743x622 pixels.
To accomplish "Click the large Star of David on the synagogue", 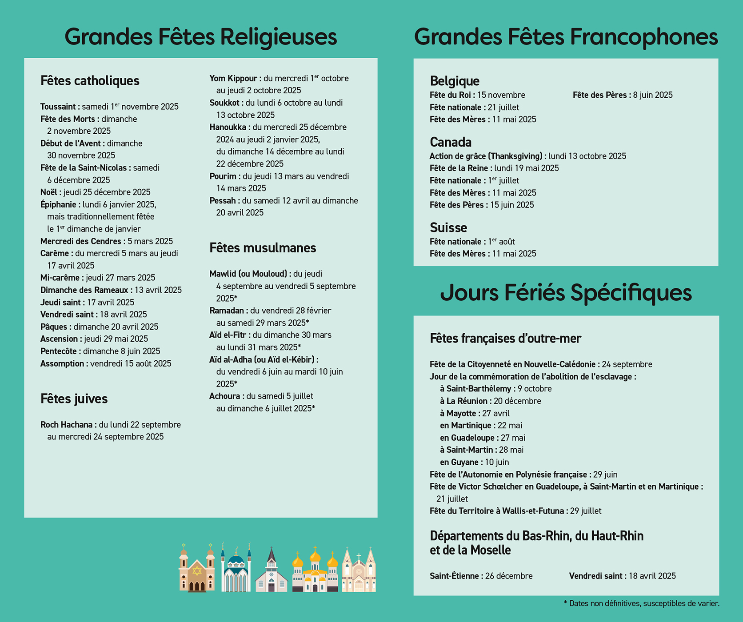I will pos(197,571).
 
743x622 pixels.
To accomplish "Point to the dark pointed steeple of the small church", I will pos(271,555).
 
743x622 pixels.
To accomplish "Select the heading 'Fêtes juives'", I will pos(74,399).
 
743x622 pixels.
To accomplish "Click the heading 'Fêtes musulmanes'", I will pos(263,247).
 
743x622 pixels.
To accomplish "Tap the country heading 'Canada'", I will pos(450,142).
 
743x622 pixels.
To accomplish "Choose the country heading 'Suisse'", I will pos(448,227).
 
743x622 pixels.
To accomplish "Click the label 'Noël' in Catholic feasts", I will pos(49,192).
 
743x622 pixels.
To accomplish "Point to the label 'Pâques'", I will pos(54,327).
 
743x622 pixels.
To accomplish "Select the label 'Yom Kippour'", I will pos(233,78).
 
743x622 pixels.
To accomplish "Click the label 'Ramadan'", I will pos(227,311).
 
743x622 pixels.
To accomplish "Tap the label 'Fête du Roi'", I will pos(450,95).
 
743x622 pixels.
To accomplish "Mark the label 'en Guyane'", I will pos(459,462).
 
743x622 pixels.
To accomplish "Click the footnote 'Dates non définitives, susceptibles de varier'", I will pos(643,603).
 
